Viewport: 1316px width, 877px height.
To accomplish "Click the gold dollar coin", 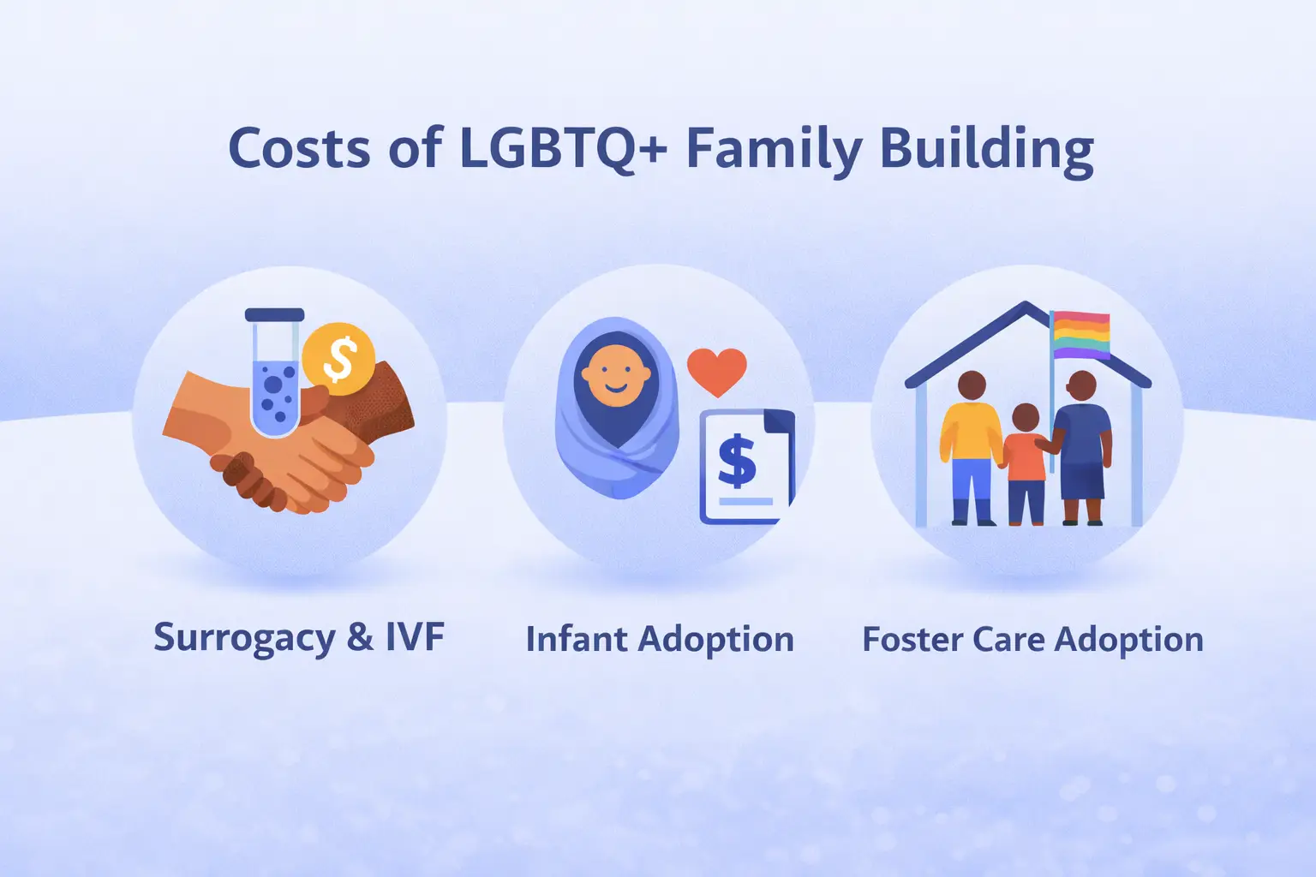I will click(x=339, y=359).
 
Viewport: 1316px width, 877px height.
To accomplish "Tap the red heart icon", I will click(x=716, y=371).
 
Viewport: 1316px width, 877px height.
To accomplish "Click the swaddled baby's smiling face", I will click(x=614, y=376).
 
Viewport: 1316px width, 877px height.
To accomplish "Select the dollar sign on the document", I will click(x=736, y=462).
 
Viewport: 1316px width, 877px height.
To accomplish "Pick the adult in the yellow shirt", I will click(x=971, y=445).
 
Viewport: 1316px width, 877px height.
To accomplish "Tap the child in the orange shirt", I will click(x=1025, y=462).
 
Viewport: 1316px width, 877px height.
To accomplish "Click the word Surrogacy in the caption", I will click(x=244, y=639).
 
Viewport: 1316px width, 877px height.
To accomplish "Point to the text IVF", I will click(x=415, y=637).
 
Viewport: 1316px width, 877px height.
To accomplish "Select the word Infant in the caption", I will click(x=576, y=640).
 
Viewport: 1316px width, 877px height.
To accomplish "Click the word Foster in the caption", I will click(x=908, y=640).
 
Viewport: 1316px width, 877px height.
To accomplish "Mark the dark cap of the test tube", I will click(x=274, y=314).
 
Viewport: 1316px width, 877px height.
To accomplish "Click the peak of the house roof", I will click(x=1026, y=305).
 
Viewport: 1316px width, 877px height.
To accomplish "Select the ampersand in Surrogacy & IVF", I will click(x=360, y=638).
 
